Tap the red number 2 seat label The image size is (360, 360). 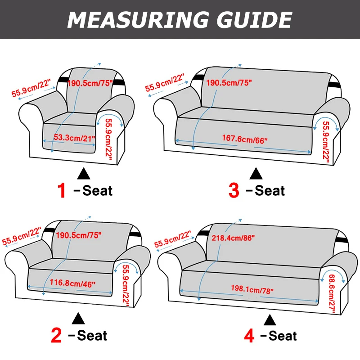tap(57, 335)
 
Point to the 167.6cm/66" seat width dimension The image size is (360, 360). tap(245, 140)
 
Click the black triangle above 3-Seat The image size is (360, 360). tap(256, 173)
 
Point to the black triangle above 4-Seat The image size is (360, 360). tap(270, 319)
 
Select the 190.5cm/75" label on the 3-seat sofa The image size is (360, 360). tap(229, 82)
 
